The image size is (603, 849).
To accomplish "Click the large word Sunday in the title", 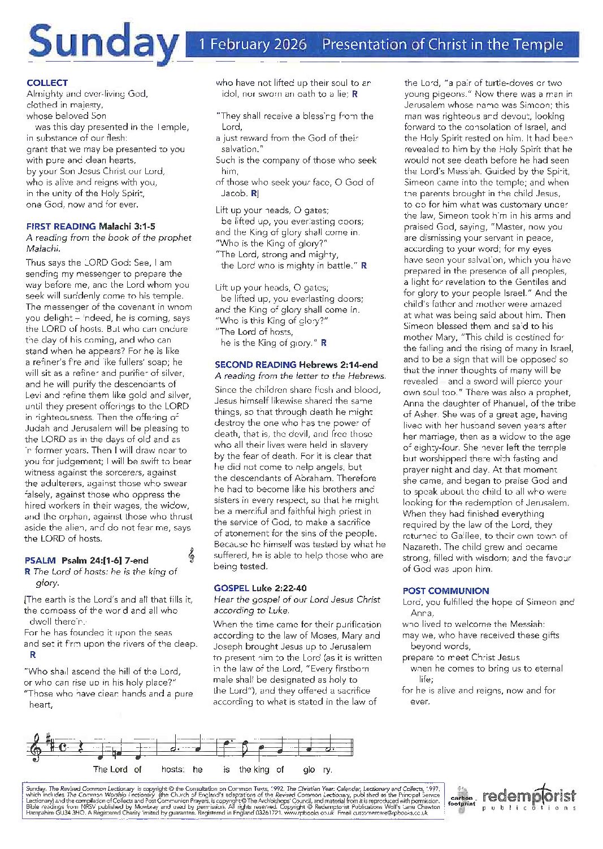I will click(x=103, y=43).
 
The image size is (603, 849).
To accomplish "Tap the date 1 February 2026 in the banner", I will click(x=253, y=45).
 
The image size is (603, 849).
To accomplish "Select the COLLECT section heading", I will click(x=47, y=83).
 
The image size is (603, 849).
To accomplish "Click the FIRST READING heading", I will click(x=61, y=226).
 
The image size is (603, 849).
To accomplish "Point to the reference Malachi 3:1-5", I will click(x=127, y=226).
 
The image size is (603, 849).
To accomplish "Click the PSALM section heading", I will click(x=40, y=560).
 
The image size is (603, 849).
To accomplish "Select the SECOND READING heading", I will click(x=255, y=365).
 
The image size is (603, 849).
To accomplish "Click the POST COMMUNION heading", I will click(x=446, y=591).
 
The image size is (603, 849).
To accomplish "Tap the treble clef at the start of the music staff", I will click(x=35, y=747).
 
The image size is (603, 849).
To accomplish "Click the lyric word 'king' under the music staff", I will click(x=262, y=769).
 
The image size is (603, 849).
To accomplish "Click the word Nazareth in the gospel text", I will click(x=422, y=547).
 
